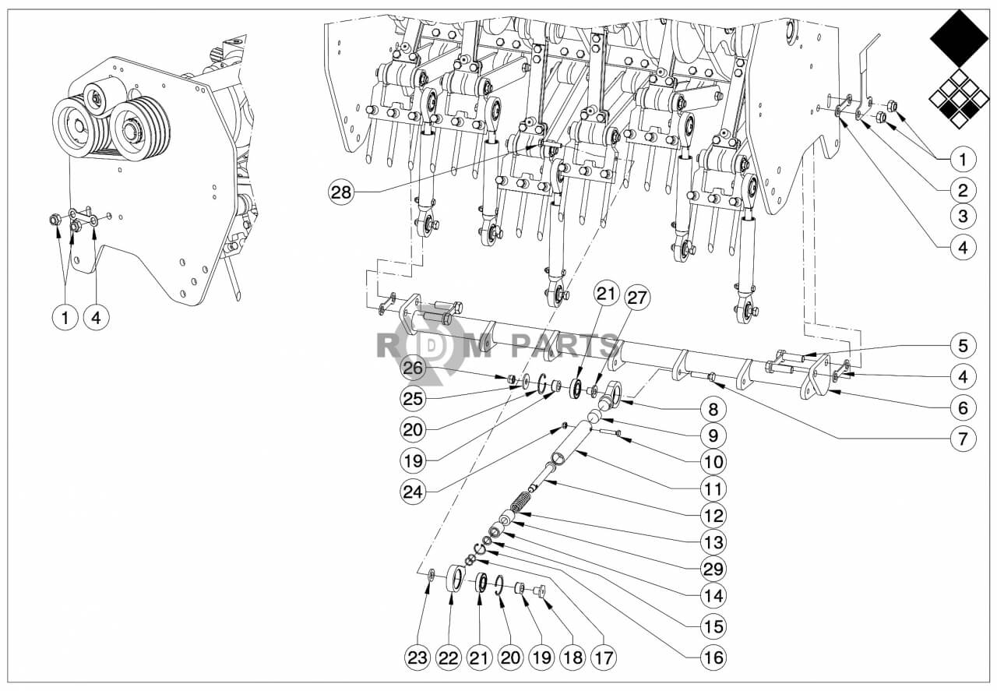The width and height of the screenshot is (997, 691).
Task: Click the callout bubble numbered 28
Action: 341,192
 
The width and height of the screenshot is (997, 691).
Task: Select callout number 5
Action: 963,344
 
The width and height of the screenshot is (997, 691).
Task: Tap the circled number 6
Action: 963,407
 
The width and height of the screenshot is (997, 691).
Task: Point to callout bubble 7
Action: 963,439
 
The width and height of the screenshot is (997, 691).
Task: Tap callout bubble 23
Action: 418,658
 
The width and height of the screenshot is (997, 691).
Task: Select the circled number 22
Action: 449,658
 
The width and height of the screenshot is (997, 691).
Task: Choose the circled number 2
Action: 963,189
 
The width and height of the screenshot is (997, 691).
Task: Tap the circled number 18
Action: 572,658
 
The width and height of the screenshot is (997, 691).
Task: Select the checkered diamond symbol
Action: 959,99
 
